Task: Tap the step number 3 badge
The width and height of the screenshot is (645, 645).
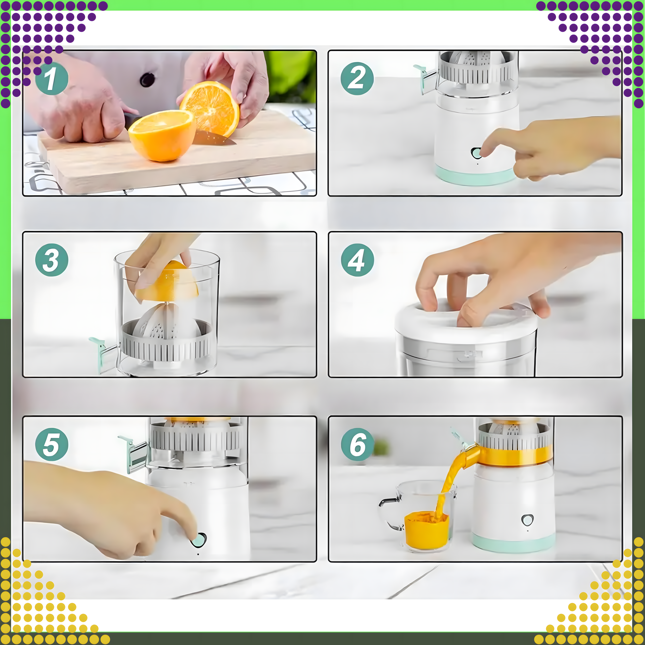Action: click(x=52, y=260)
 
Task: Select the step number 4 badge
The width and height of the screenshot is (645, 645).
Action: click(x=357, y=260)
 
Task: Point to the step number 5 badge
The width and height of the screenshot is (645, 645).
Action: click(x=52, y=445)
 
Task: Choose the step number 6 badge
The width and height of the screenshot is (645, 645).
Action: click(x=357, y=445)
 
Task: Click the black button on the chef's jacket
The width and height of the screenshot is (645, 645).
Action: click(x=147, y=79)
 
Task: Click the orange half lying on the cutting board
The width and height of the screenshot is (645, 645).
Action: click(x=161, y=136)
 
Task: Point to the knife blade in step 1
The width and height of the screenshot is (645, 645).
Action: click(x=214, y=138)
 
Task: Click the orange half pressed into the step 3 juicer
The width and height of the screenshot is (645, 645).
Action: click(x=167, y=283)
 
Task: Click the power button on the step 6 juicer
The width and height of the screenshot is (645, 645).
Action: click(x=528, y=520)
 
